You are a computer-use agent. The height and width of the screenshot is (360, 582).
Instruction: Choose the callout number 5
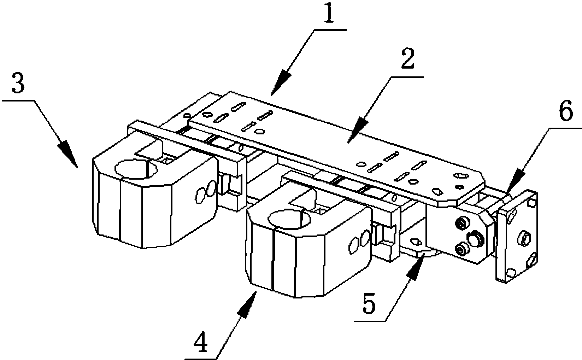[370, 303]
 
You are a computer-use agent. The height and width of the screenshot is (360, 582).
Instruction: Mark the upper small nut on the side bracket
[461, 223]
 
